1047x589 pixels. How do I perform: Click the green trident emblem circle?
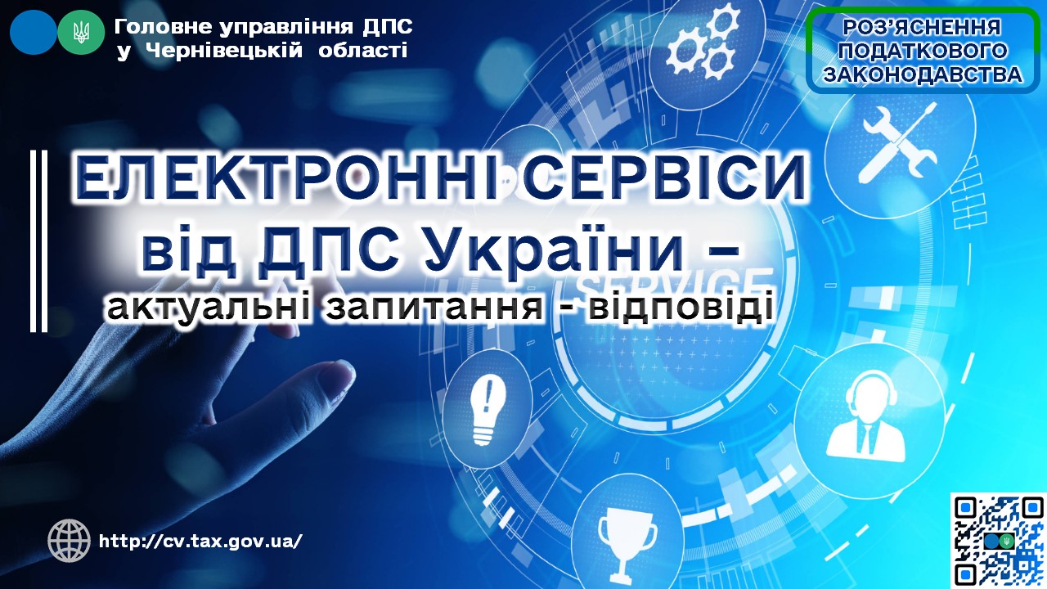81,32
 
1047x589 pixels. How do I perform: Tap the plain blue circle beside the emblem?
34,32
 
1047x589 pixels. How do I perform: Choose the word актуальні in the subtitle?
208,308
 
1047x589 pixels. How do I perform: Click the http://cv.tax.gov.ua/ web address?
200,542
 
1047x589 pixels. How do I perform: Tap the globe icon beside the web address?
70,541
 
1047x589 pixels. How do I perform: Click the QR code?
998,541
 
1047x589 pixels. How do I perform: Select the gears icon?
703,43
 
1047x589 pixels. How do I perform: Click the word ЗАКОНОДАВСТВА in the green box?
923,74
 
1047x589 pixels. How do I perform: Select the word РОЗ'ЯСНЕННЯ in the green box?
922,28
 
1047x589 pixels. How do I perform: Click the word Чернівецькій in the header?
224,51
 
